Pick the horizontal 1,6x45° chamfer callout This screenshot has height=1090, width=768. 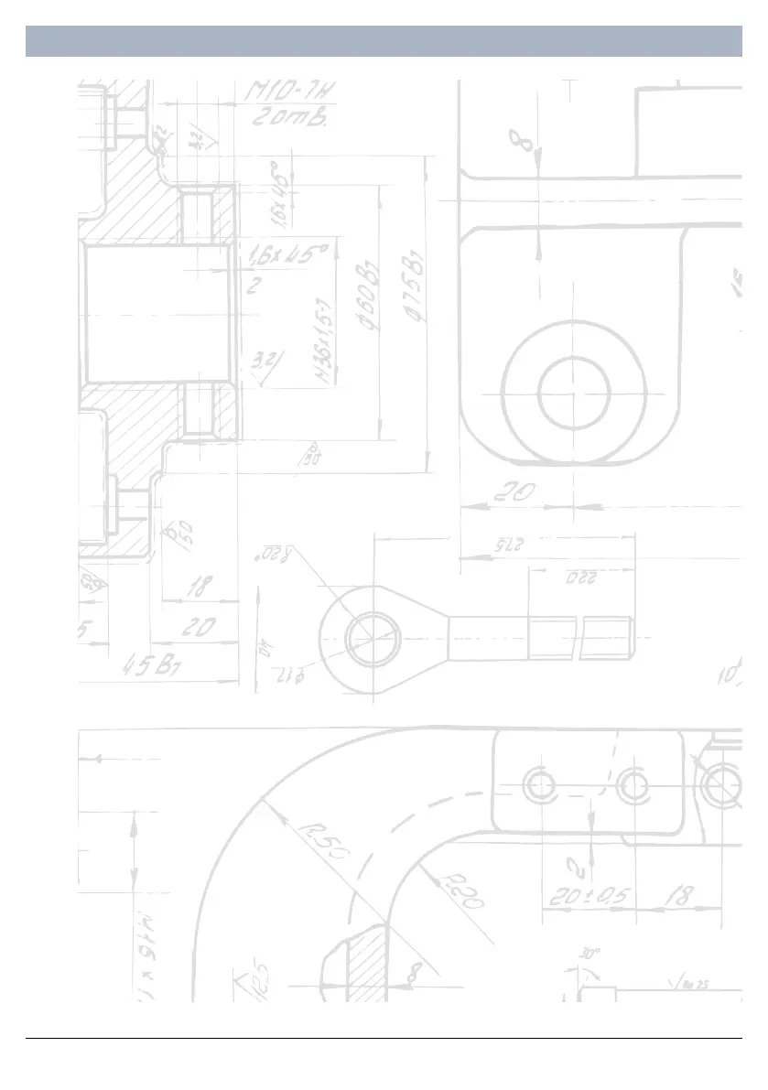(285, 256)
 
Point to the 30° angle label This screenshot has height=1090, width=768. (590, 953)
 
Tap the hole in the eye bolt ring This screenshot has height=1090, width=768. (373, 637)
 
